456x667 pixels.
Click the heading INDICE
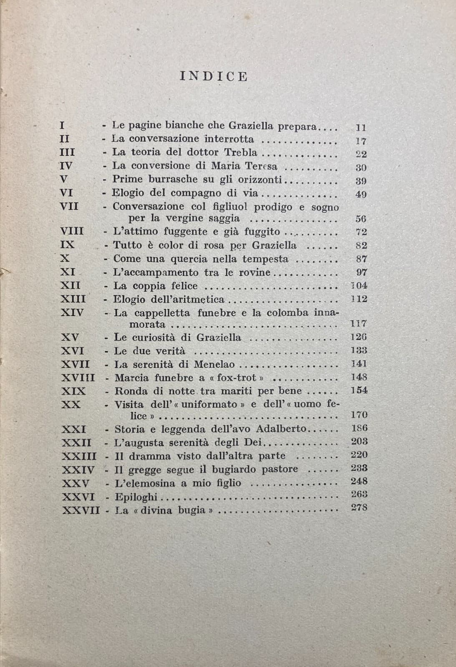click(214, 76)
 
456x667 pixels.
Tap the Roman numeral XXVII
click(81, 510)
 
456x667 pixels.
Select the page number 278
click(359, 507)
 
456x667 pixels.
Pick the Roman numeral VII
click(69, 206)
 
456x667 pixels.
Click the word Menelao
click(214, 364)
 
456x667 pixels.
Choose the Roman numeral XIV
click(72, 312)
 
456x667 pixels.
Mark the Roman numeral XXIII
click(79, 456)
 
